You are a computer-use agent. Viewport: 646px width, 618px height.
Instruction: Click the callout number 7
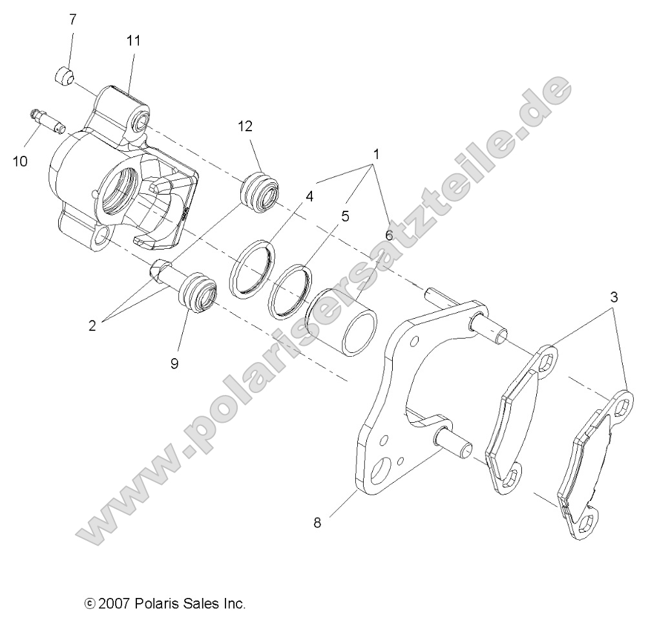tap(73, 19)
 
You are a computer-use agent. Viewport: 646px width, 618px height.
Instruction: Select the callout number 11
tap(133, 41)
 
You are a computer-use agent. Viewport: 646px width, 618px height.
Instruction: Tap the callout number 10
tap(19, 161)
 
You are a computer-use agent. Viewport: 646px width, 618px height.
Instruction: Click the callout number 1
tap(375, 154)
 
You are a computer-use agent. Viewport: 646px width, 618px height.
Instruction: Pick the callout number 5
tap(345, 216)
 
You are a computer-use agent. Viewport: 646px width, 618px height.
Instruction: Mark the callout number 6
tap(389, 235)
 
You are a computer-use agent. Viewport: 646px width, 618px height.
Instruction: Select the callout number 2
tap(92, 326)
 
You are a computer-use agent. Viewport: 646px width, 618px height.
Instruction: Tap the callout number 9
tap(174, 363)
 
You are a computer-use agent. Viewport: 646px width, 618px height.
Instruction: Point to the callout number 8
tap(317, 522)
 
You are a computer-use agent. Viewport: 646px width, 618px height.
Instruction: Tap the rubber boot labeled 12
tap(259, 193)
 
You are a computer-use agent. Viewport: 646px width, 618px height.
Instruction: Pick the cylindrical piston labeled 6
tap(342, 327)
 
